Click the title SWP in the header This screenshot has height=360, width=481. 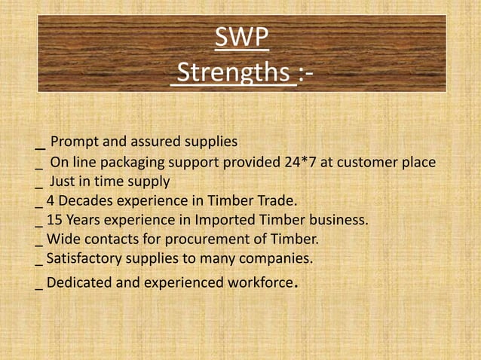click(242, 37)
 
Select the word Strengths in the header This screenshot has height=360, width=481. click(234, 74)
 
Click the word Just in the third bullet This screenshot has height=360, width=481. click(63, 182)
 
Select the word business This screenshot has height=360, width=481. click(343, 221)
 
